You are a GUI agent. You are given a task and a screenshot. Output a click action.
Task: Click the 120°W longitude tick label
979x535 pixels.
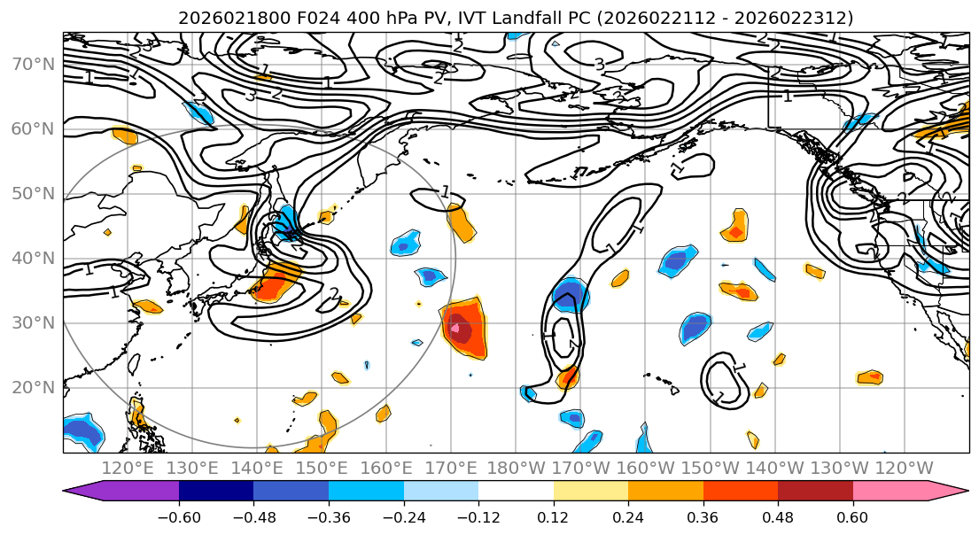[x=904, y=468]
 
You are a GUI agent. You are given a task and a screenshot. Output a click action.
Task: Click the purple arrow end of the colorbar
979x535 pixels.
[x=84, y=492]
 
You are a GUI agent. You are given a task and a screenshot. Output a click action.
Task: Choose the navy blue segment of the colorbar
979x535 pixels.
[x=216, y=492]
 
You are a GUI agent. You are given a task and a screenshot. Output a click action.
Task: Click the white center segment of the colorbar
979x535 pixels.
[x=516, y=492]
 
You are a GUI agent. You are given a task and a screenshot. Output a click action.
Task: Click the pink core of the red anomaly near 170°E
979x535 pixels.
[x=455, y=329]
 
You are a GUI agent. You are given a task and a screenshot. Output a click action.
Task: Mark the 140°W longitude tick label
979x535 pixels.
[x=775, y=468]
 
